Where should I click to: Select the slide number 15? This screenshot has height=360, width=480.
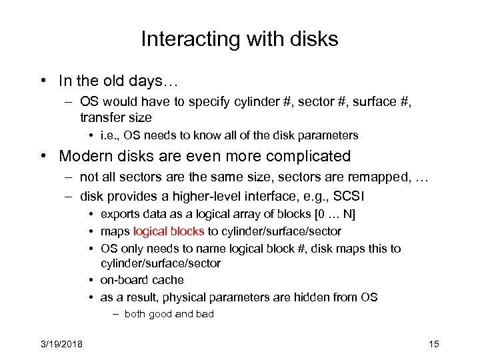(x=433, y=344)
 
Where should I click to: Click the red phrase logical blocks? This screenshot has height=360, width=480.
(x=169, y=231)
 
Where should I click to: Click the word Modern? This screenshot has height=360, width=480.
(x=86, y=156)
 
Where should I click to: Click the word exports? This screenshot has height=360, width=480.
(x=120, y=214)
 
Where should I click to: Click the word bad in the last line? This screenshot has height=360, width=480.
(x=203, y=314)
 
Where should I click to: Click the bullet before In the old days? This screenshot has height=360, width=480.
(x=42, y=81)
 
